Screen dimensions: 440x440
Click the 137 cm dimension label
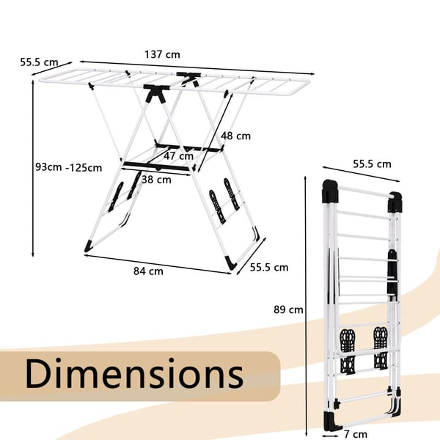(162, 54)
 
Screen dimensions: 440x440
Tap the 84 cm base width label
(148, 271)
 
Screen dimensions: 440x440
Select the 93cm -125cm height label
(68, 167)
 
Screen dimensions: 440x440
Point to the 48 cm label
(235, 136)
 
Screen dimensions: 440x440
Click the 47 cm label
(178, 156)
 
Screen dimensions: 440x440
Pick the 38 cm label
(156, 180)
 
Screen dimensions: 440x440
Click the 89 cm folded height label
(288, 309)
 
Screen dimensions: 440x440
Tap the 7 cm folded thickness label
(355, 434)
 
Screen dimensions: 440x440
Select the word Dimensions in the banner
(134, 373)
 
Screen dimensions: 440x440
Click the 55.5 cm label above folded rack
(372, 164)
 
